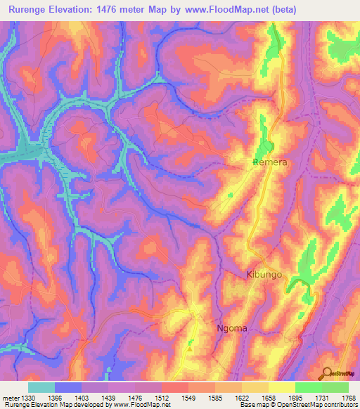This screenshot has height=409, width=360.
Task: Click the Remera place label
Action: tap(269, 162)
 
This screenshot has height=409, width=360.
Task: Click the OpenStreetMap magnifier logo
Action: tap(327, 373)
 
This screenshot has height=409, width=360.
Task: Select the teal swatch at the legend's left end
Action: tap(41, 387)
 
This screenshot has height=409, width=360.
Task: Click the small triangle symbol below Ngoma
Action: tap(190, 344)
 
